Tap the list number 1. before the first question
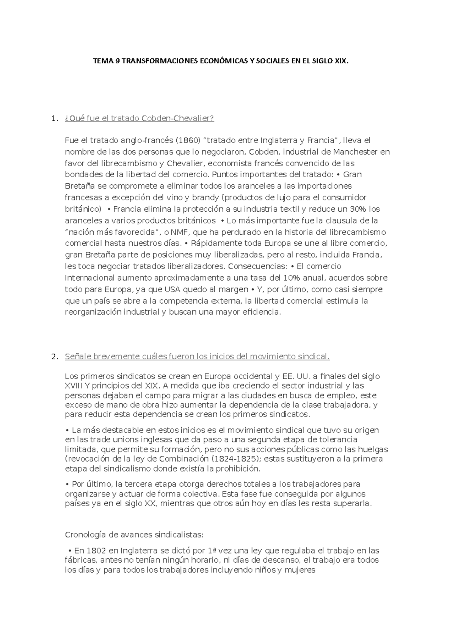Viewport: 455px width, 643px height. (x=54, y=119)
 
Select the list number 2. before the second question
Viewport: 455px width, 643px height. (x=54, y=356)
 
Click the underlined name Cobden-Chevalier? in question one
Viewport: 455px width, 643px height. (x=177, y=119)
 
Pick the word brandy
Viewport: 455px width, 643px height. (x=206, y=198)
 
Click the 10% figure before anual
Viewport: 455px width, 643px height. (x=292, y=278)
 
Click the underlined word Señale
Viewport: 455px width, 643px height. (x=78, y=356)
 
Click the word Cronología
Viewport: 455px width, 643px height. (x=85, y=535)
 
